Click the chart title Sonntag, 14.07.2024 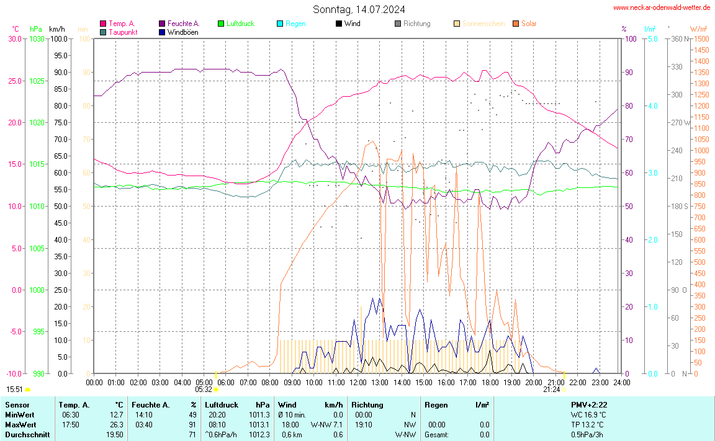(x=359, y=9)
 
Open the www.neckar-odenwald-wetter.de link (x=662, y=7)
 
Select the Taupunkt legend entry (x=123, y=32)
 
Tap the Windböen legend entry (x=182, y=32)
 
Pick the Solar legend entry (x=529, y=24)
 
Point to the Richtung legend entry (x=416, y=24)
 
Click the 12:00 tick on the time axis (x=358, y=382)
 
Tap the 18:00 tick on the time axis (x=490, y=382)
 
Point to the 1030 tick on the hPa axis (x=37, y=38)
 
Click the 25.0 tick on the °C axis (x=14, y=81)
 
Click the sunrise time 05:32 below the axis (x=204, y=390)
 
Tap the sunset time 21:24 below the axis (x=551, y=390)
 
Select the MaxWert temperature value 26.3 (x=116, y=425)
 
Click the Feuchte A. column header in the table (x=150, y=405)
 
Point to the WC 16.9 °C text (x=588, y=415)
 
